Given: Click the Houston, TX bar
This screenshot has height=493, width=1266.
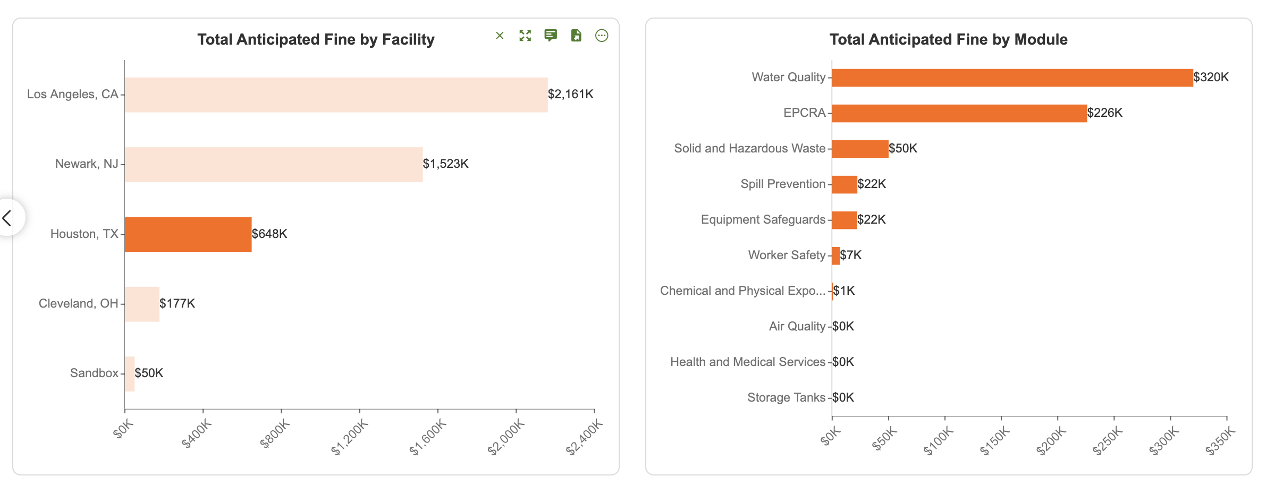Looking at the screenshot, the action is tap(188, 234).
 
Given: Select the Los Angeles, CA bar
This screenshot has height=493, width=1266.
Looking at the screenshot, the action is tap(336, 95).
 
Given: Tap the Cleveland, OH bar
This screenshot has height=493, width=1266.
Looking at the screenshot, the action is tap(142, 304).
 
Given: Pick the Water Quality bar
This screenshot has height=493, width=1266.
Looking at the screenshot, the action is tap(1012, 78).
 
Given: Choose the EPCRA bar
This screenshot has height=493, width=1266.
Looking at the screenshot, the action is tap(959, 113).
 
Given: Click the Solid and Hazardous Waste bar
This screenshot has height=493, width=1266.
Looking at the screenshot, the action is tap(860, 149).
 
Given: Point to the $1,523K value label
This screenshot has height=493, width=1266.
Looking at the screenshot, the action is tap(445, 164).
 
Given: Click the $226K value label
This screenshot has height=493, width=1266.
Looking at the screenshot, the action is tap(1104, 113).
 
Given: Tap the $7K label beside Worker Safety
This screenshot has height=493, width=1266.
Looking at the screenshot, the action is tap(850, 255).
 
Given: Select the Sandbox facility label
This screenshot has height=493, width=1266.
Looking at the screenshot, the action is tap(94, 373).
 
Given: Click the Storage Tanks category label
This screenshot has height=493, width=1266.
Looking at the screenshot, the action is tap(786, 397).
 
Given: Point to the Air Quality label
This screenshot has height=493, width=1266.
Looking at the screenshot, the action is tap(797, 326).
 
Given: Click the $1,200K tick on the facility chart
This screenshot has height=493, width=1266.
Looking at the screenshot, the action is tap(350, 437).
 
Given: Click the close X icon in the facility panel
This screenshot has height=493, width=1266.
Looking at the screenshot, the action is tap(500, 36).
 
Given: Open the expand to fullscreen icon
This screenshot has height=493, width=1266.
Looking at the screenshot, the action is tap(525, 36).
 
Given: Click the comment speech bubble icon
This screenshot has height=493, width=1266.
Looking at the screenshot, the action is tap(551, 36).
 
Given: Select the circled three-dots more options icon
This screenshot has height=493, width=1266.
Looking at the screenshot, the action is tap(602, 36).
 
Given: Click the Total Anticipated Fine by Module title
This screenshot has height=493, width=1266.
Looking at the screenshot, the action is tap(949, 39).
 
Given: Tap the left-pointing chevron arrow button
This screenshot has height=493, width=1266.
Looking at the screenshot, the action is tap(7, 218).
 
